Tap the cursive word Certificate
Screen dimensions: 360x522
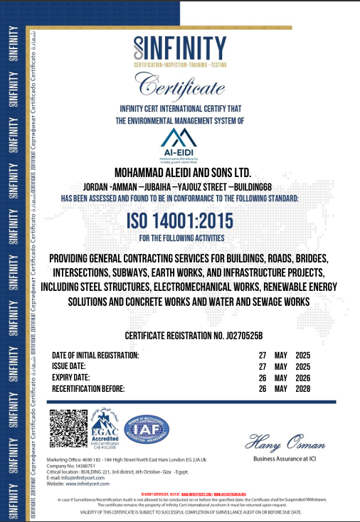[179, 88]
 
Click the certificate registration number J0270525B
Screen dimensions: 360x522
[194, 335]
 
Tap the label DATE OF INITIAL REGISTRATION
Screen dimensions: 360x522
[95, 355]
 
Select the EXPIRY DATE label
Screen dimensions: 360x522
[70, 377]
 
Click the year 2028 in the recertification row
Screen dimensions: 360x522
[303, 389]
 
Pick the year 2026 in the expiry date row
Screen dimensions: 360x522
[303, 378]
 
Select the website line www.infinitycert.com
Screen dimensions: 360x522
[80, 484]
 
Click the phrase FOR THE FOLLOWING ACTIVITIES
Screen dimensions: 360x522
[181, 238]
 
